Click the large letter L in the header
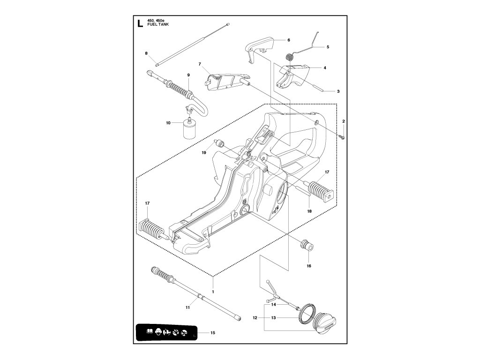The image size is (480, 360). (x=139, y=24)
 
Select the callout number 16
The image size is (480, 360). (x=309, y=266)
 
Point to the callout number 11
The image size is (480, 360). (x=187, y=307)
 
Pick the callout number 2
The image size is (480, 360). (x=344, y=121)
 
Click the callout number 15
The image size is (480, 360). (x=213, y=333)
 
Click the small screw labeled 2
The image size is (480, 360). (x=343, y=136)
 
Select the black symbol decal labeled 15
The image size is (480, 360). (x=165, y=332)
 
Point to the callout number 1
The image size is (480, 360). (x=213, y=292)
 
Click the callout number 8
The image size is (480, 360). (x=146, y=53)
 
